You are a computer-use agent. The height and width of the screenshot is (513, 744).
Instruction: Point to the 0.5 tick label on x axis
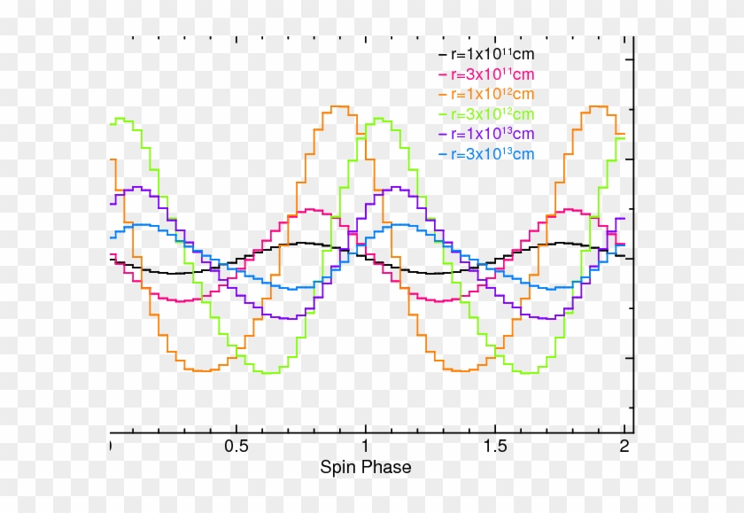pyautogui.click(x=236, y=447)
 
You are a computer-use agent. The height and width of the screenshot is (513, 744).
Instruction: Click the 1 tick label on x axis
pyautogui.click(x=365, y=447)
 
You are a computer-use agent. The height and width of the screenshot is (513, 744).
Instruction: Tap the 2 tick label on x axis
pyautogui.click(x=624, y=447)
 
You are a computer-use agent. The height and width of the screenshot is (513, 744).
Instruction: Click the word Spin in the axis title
pyautogui.click(x=337, y=467)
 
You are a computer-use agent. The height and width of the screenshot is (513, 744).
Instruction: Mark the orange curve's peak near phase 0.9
pyautogui.click(x=338, y=106)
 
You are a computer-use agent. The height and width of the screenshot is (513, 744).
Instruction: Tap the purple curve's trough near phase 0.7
pyautogui.click(x=287, y=318)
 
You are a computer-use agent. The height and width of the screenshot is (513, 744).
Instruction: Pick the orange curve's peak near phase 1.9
pyautogui.click(x=596, y=106)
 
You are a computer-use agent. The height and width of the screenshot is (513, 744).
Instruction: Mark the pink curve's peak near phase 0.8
pyautogui.click(x=314, y=210)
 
